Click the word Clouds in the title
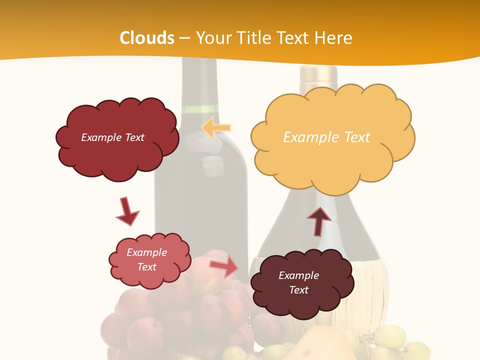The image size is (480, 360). tap(147, 38)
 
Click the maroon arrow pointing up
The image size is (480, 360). tap(318, 221)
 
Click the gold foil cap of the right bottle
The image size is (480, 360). tap(318, 75)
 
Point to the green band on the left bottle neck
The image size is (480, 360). tap(199, 109)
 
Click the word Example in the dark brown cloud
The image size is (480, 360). tap(298, 275)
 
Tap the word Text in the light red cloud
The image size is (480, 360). tap(147, 267)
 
